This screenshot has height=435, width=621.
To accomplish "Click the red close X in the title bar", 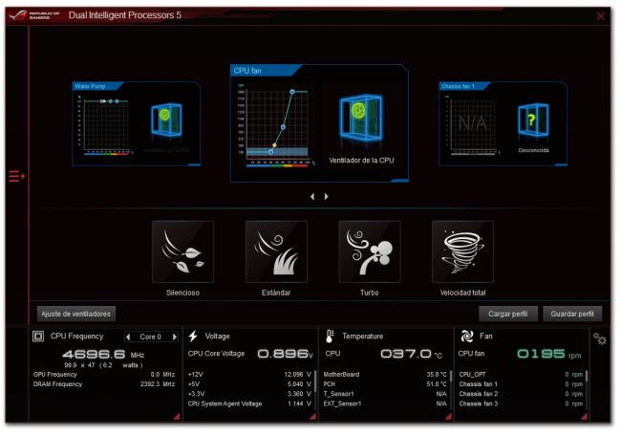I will tap(600, 16).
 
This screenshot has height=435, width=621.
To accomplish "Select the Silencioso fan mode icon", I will tap(182, 252).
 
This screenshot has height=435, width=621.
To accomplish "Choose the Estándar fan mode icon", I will tap(276, 252).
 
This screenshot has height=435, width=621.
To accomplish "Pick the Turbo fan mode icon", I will tap(369, 252).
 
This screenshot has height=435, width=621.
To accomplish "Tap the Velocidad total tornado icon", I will tap(462, 252).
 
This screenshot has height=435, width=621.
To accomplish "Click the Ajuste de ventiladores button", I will tap(76, 313).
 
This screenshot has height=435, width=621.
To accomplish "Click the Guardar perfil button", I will tap(571, 313).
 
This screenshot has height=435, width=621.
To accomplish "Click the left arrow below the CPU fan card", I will tap(310, 196).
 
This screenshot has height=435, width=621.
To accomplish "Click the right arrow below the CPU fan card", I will tap(326, 196).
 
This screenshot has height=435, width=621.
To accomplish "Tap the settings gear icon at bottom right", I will tap(600, 338).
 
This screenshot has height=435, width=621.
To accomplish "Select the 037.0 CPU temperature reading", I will tap(406, 354).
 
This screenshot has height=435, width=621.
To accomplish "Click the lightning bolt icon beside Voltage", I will tap(193, 337).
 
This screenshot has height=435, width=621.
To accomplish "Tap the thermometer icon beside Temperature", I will tap(330, 337).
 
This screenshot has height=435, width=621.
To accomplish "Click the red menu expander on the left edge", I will tap(15, 176).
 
